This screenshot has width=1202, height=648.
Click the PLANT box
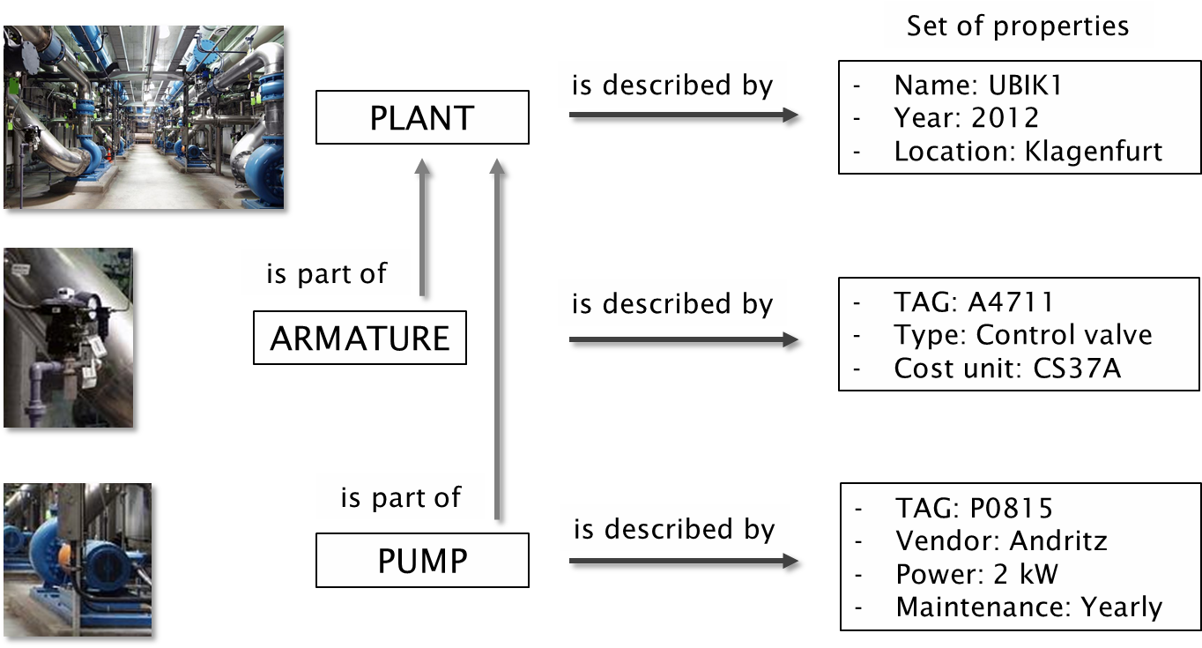point(422,117)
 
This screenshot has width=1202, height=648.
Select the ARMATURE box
point(360,338)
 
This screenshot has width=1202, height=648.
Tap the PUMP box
point(422,561)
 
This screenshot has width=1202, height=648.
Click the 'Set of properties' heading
point(1018,26)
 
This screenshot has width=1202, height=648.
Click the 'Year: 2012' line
point(967,117)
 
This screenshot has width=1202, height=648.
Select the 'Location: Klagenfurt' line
point(1028,151)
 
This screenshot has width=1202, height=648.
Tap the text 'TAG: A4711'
point(973,302)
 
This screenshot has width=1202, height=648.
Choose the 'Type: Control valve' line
point(1022,335)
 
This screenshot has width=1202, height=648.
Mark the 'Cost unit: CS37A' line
point(1006,368)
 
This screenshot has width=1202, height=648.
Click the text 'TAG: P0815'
point(974,508)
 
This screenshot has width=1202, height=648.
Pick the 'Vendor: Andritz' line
point(1001,540)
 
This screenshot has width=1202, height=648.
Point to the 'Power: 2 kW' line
point(976,574)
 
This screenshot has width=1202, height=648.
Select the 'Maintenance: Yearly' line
point(1028,607)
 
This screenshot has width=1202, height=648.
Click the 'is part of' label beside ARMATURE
point(326,274)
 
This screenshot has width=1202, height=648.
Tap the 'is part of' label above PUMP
point(400,498)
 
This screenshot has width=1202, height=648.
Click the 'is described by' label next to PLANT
point(671,86)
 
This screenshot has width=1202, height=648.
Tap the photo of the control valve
point(71,339)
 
